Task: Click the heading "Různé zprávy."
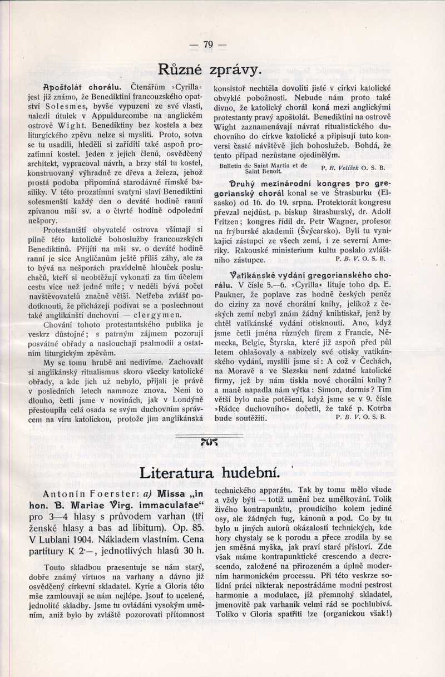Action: click(x=209, y=70)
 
